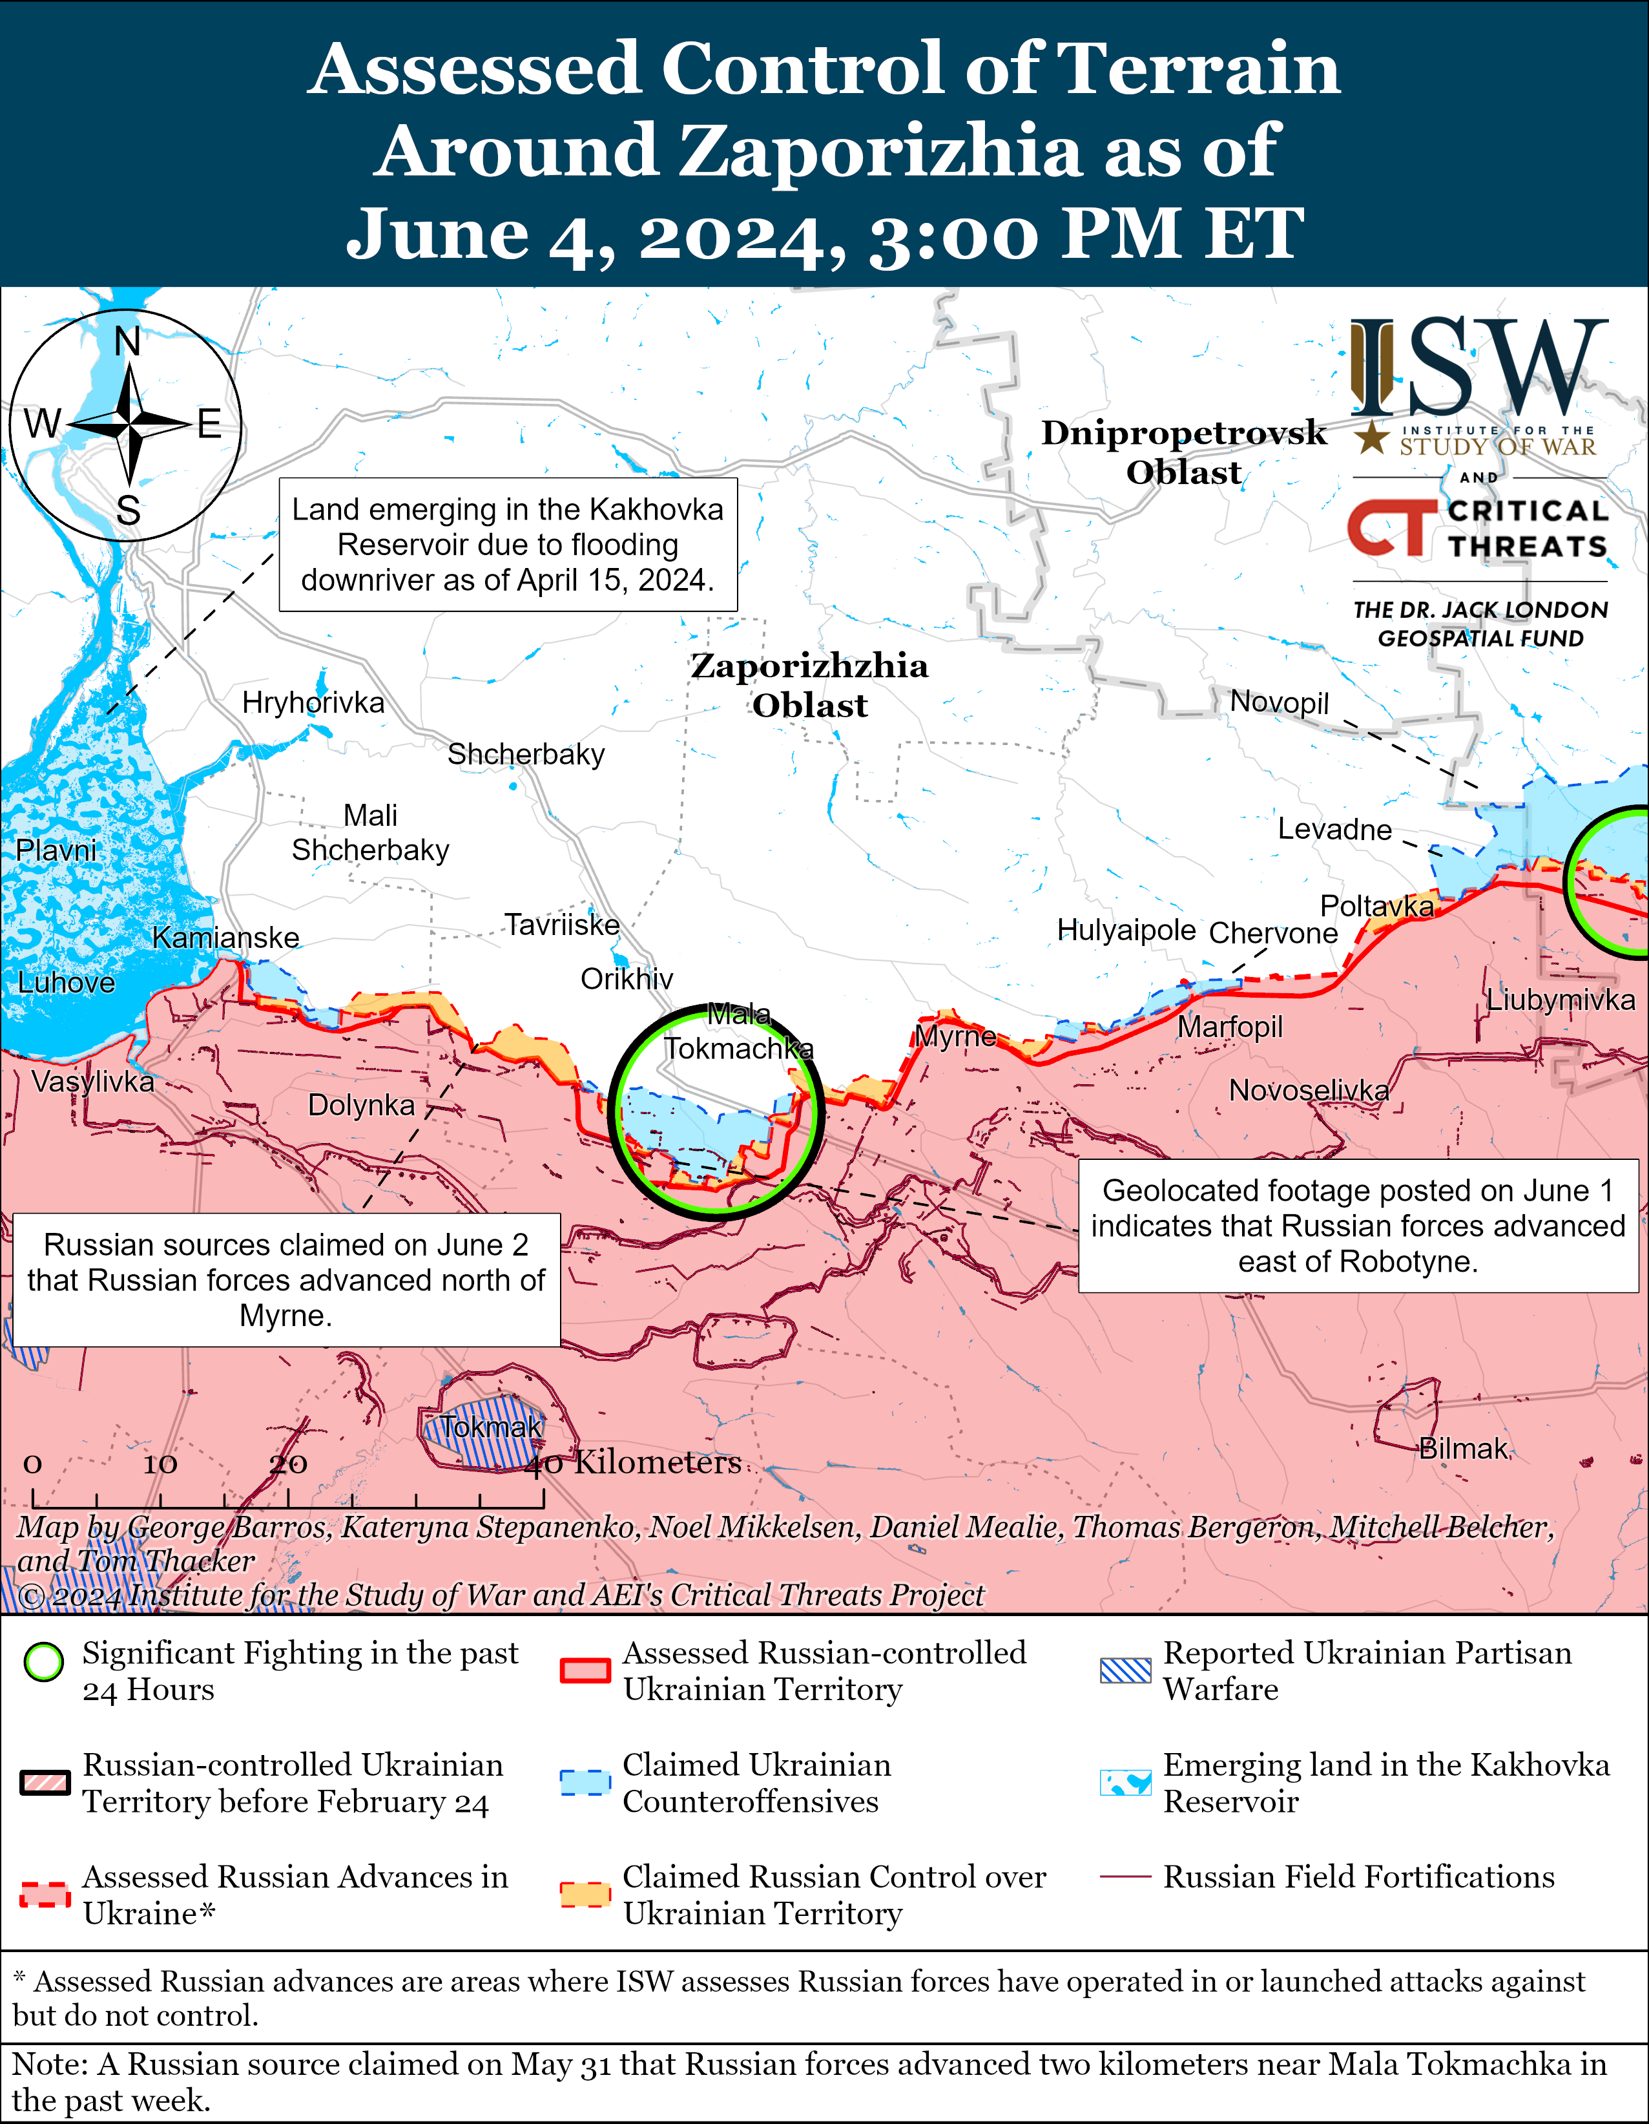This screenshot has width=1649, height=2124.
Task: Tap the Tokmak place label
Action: pos(491,1427)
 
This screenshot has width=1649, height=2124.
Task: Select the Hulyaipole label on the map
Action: pos(1126,930)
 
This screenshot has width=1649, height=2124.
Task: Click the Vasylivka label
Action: pos(92,1082)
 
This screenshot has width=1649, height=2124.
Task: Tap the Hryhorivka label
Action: pos(313,702)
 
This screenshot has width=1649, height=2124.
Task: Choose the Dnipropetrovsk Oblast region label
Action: pos(1183,452)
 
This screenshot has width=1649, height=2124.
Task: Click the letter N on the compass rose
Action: pos(127,341)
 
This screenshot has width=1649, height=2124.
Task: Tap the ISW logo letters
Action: pos(1478,368)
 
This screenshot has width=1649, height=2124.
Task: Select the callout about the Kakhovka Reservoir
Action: pos(508,545)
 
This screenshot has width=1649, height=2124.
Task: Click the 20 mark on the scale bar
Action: pos(288,1464)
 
